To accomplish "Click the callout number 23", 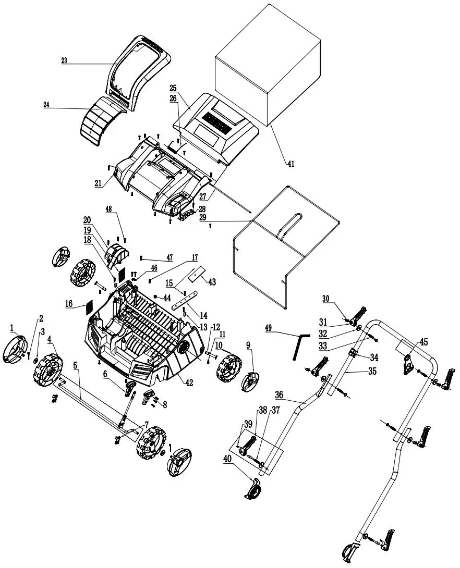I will coord(64,60).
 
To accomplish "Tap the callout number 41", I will coord(290,163).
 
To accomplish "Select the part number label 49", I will coord(269,328).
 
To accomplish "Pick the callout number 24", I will coord(46,104).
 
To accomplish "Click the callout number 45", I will coord(423,342).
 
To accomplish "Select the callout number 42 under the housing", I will coord(189,382).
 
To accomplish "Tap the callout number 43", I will coord(212,281).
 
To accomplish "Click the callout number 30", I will coord(326,299).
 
